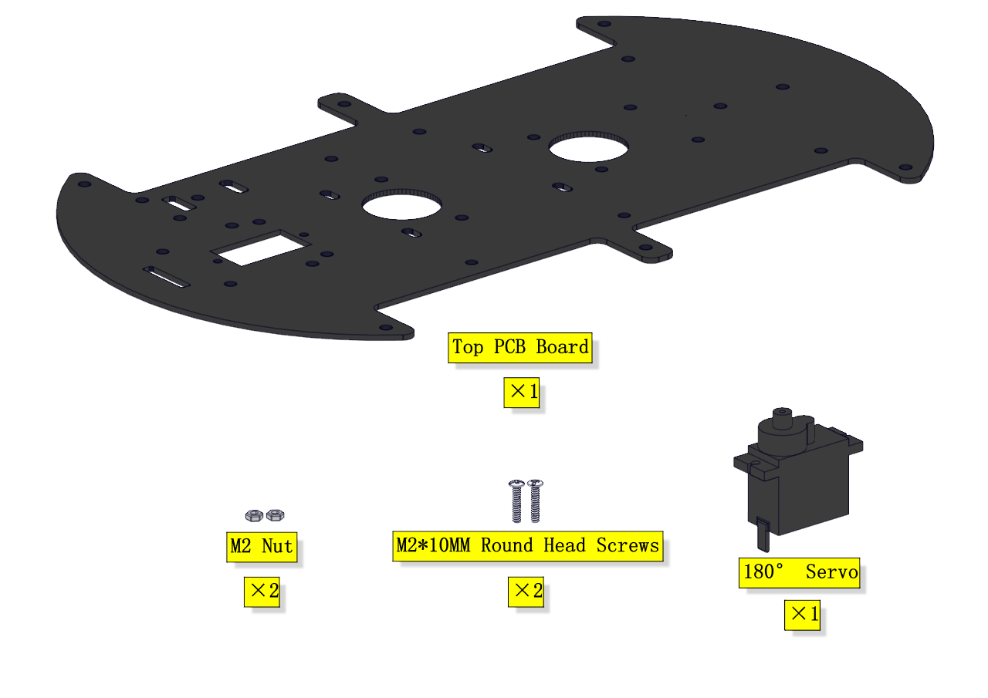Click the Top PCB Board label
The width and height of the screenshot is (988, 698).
pos(520,347)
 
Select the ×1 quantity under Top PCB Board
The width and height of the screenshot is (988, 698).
pos(522,393)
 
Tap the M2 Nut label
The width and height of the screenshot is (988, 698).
pos(262,547)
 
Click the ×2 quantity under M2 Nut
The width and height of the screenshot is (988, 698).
pos(262,592)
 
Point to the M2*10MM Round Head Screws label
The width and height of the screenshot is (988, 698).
pos(528,546)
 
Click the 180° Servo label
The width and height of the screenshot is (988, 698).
pos(800,572)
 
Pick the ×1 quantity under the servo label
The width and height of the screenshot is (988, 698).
pos(802,615)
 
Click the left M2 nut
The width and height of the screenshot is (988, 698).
pos(253,514)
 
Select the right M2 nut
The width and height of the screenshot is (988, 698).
pos(276,514)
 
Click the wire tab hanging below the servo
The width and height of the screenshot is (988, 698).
pos(763,534)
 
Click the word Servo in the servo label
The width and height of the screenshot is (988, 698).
pos(831,572)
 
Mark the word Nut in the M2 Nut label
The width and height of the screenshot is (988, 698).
pos(277,547)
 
